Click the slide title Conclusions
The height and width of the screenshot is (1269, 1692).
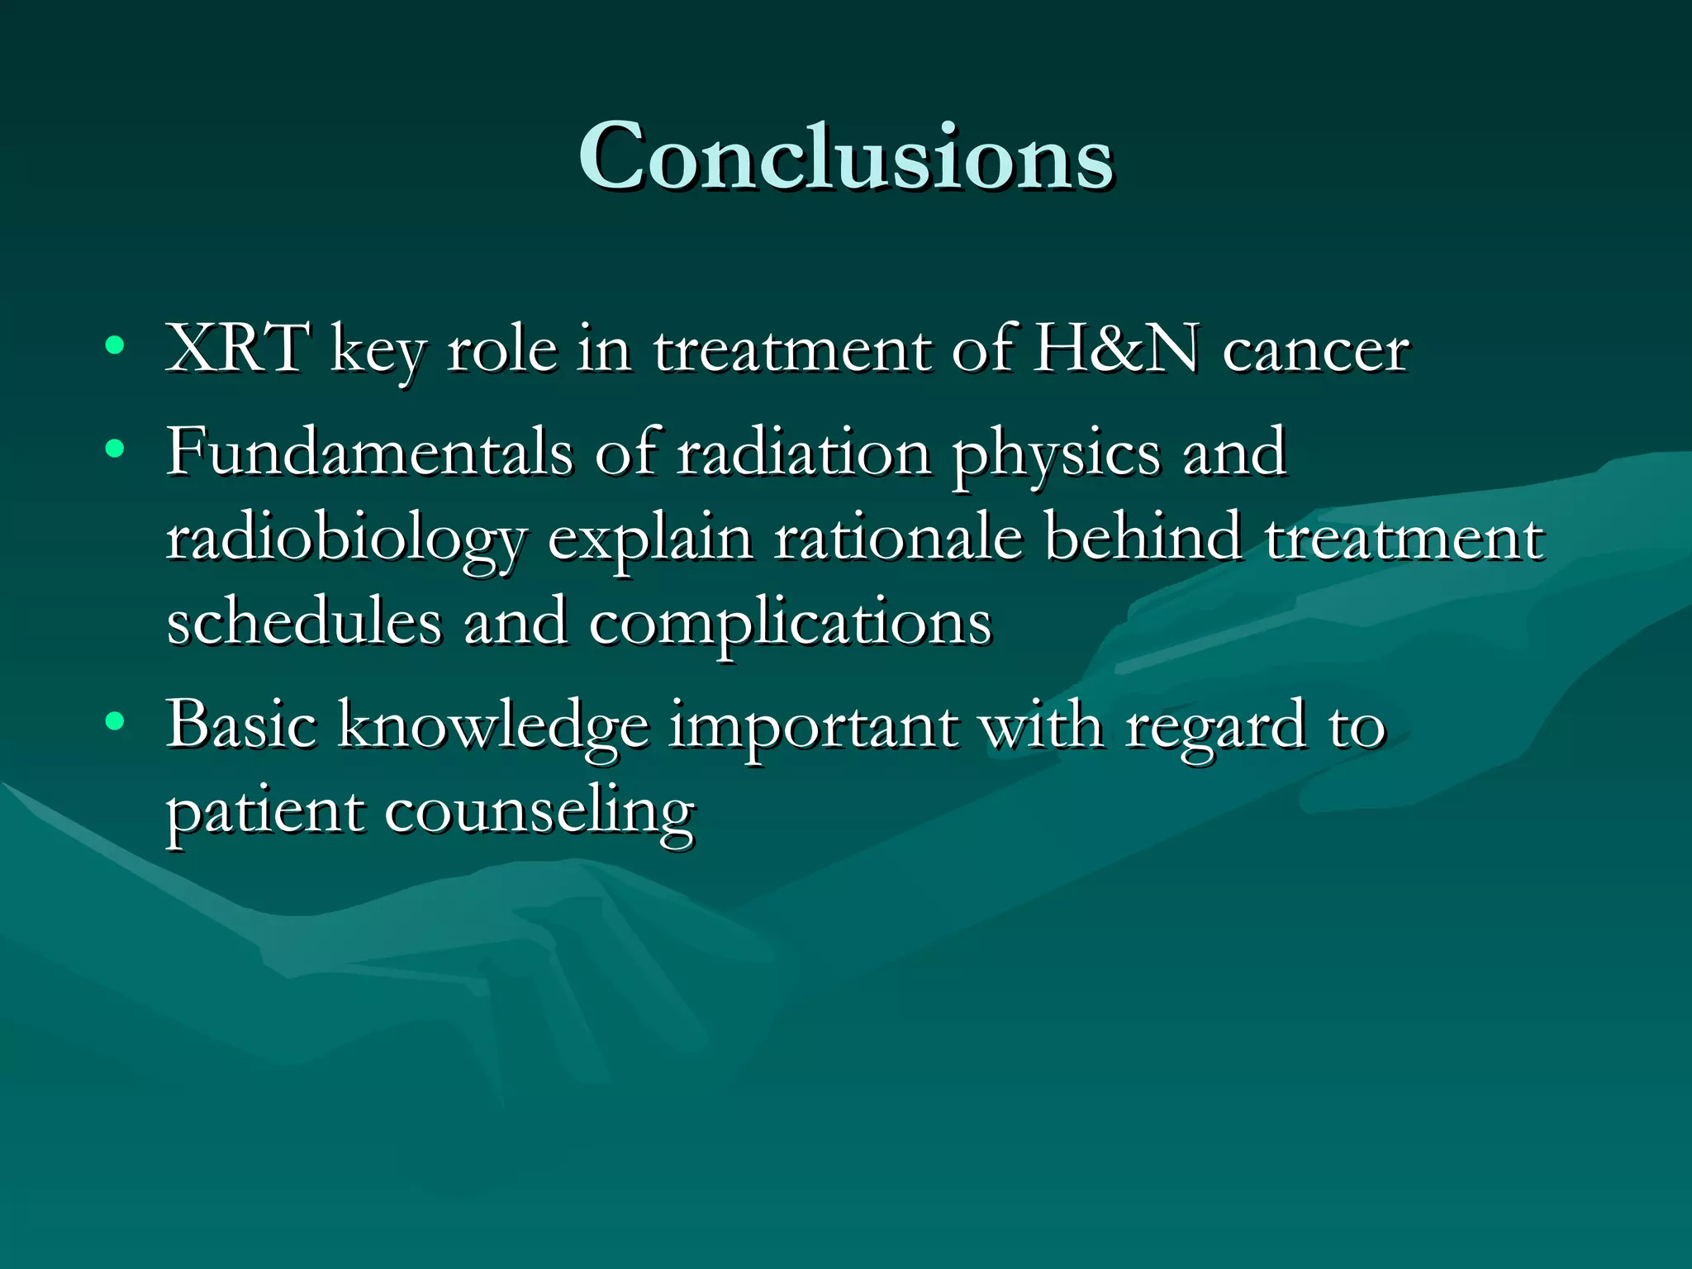[845, 157]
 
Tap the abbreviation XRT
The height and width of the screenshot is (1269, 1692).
[238, 349]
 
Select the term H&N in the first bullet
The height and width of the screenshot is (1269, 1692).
[1116, 349]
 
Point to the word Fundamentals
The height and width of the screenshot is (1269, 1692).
[369, 452]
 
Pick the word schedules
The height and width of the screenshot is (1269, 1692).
[303, 621]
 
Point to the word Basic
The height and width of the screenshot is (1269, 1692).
[241, 725]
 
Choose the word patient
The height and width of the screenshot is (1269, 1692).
[265, 813]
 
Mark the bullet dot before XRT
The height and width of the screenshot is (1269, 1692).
[115, 345]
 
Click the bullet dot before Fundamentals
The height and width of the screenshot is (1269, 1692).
[115, 449]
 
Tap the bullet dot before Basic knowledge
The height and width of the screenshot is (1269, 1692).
[115, 722]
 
